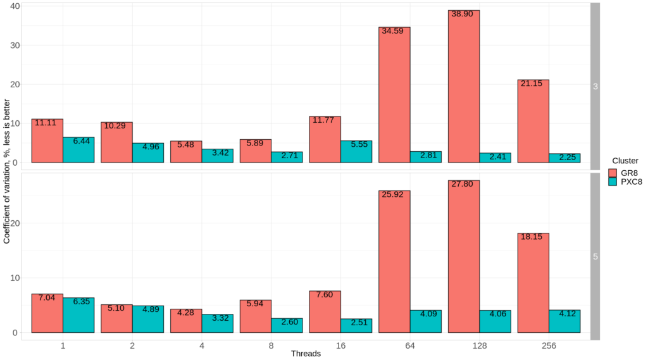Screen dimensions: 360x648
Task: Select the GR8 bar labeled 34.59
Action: pos(394,95)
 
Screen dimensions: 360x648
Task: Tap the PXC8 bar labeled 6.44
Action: pos(78,150)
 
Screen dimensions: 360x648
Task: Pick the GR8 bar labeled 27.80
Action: pos(463,256)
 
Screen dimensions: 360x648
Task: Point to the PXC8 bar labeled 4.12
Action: pos(564,321)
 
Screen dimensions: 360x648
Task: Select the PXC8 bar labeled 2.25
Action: pos(564,158)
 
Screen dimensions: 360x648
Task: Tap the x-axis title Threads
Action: pos(306,354)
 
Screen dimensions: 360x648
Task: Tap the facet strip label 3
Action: pos(595,87)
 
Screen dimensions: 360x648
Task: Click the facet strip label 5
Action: pos(595,257)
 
